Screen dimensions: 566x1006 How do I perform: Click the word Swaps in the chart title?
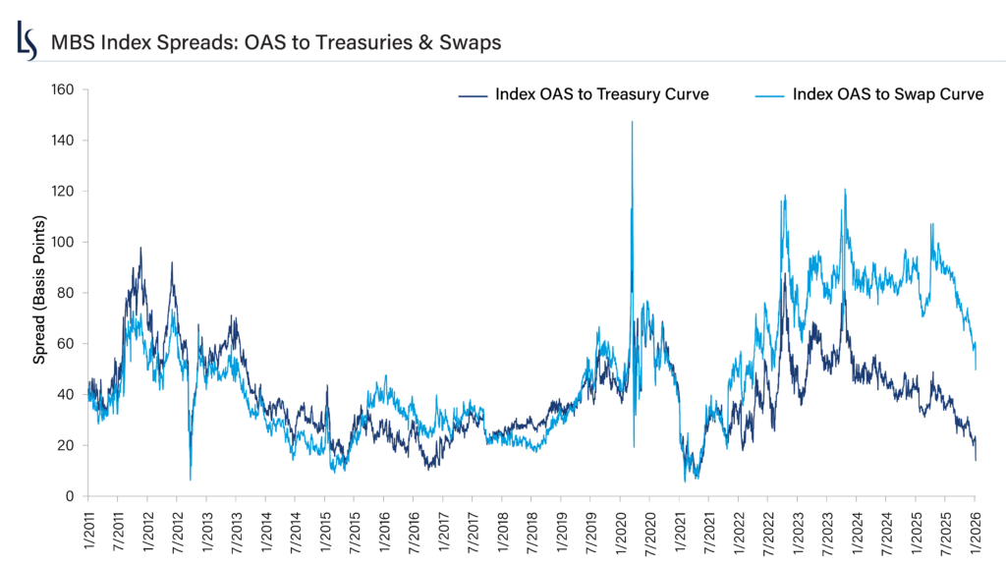point(473,42)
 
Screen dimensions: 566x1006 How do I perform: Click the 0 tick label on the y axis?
point(70,496)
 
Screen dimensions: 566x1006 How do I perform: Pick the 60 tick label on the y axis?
point(66,344)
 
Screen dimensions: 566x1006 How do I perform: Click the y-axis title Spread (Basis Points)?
point(39,293)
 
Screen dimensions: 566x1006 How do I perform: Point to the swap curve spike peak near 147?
point(632,122)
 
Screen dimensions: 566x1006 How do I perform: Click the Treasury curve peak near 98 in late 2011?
point(140,248)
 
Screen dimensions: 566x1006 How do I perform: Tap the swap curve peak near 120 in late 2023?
point(844,190)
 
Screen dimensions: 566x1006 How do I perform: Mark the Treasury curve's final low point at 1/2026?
point(976,460)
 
